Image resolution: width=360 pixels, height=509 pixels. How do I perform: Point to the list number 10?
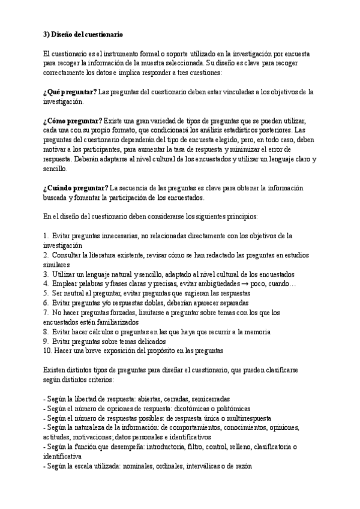[x=47, y=350]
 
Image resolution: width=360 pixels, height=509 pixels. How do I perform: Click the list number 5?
[x=46, y=293]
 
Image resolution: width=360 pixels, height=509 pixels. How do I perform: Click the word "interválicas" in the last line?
[x=206, y=466]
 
